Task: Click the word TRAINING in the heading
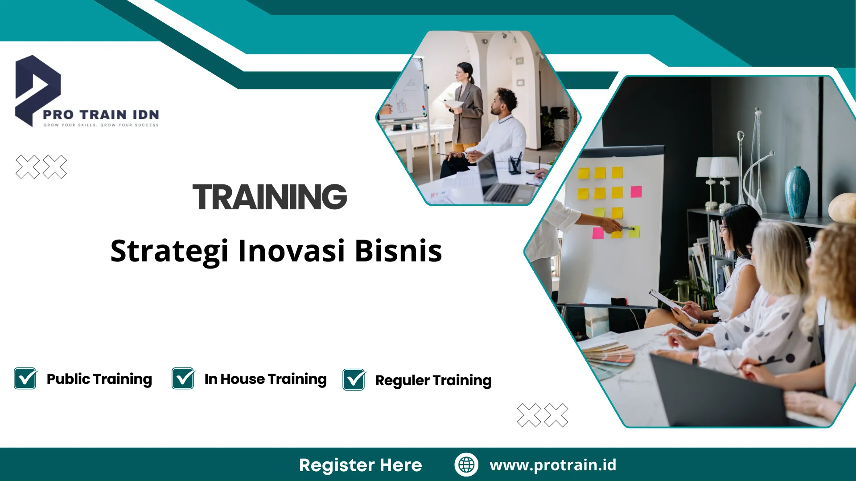270,197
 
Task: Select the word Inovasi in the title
292,251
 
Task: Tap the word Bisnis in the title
398,251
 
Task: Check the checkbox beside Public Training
25,379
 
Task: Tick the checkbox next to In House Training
183,379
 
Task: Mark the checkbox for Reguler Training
354,380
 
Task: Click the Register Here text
360,465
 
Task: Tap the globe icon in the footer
466,465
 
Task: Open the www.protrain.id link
553,465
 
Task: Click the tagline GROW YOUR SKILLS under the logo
101,125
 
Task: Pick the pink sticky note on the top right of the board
636,192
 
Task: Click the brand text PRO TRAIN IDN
101,114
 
